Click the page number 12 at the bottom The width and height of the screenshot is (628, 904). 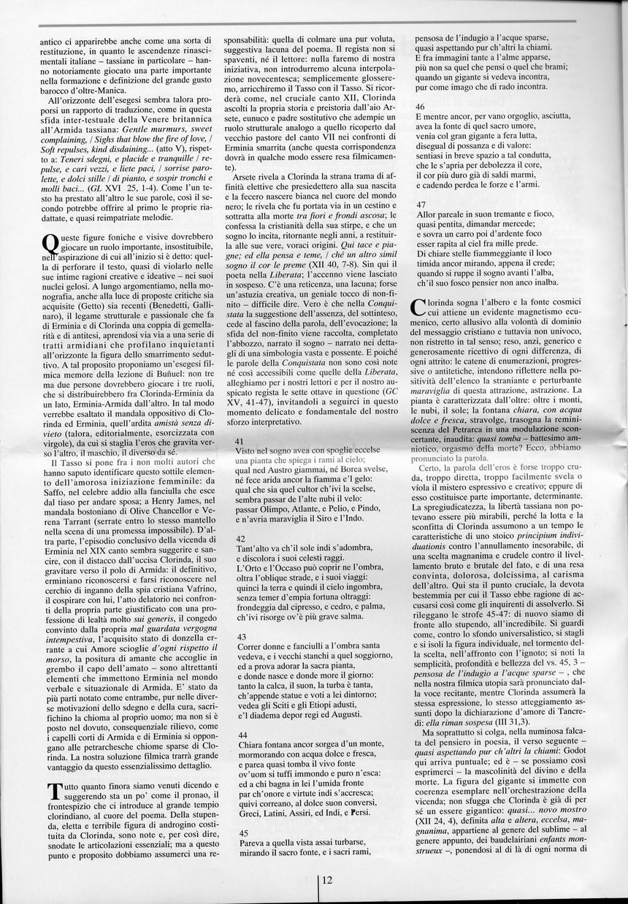pyautogui.click(x=326, y=880)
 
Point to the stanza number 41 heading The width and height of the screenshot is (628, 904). pyautogui.click(x=241, y=442)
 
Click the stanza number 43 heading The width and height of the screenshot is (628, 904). pyautogui.click(x=241, y=637)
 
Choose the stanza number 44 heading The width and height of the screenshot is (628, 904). pyautogui.click(x=241, y=734)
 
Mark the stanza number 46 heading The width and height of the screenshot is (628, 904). pyautogui.click(x=420, y=106)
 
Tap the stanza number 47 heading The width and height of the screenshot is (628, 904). pyautogui.click(x=420, y=204)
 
